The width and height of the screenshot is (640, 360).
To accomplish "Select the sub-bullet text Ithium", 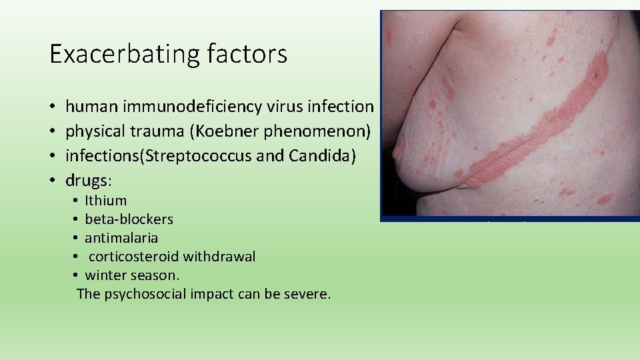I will [106, 201].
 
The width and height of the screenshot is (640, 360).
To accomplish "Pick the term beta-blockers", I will [129, 219].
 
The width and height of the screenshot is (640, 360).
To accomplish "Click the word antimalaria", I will [121, 238].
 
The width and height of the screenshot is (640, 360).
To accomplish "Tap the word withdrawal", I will [219, 257].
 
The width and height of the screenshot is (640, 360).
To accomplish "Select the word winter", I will [105, 275].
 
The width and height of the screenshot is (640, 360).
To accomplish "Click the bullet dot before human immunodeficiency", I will [51, 107].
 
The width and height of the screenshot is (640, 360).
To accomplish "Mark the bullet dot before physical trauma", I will [51, 131].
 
